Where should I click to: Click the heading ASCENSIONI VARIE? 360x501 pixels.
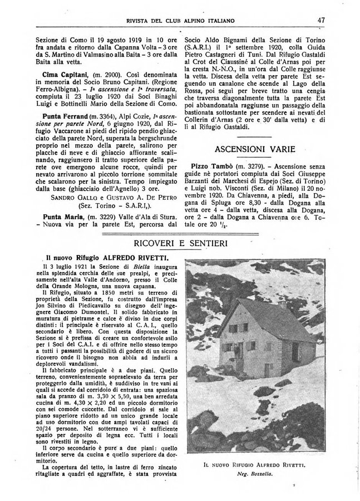point(251,149)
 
